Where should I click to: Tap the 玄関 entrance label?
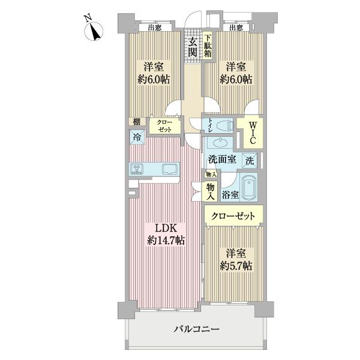point(192,47)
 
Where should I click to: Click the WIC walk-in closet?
point(253,131)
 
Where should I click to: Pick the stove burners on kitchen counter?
point(136,169)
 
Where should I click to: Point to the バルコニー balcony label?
point(197,329)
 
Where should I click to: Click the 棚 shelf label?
point(136,122)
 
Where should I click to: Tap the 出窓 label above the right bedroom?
point(235,27)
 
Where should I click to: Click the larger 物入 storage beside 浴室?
point(211,191)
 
